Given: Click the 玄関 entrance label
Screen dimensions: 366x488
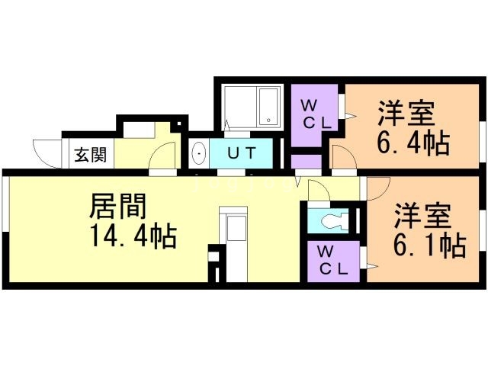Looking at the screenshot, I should click(90, 155).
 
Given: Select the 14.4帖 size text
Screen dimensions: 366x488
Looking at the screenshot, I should click(133, 237).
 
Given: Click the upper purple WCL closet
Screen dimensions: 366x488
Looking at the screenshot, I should click(314, 113).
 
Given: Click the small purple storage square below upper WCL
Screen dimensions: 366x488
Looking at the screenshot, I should click(307, 162).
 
